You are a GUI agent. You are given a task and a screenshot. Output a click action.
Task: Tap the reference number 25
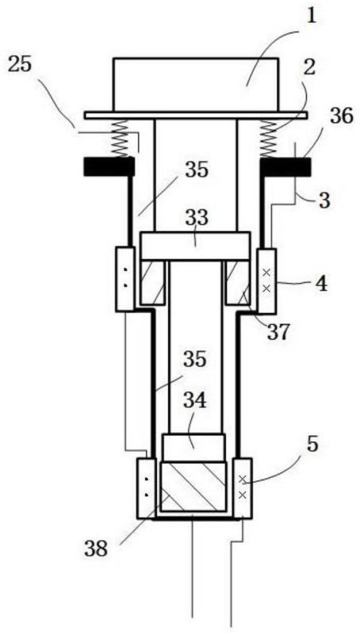pyautogui.click(x=21, y=65)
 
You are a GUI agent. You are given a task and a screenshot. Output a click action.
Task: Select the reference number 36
pyautogui.click(x=342, y=117)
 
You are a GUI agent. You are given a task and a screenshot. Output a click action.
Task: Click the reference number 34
pyautogui.click(x=195, y=402)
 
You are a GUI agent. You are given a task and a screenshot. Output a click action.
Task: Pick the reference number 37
pyautogui.click(x=278, y=331)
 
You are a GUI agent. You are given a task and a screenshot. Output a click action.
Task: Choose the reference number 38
pyautogui.click(x=96, y=549)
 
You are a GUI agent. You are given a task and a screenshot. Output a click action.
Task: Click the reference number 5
pyautogui.click(x=312, y=445)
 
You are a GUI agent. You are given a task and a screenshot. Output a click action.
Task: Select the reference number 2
pyautogui.click(x=308, y=67)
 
